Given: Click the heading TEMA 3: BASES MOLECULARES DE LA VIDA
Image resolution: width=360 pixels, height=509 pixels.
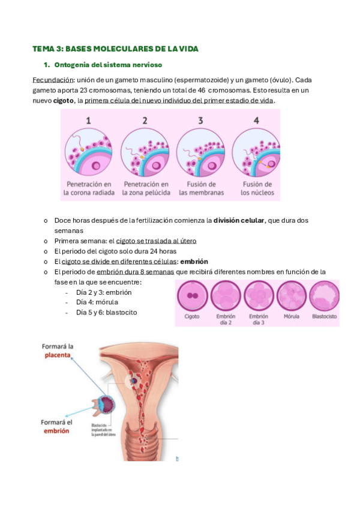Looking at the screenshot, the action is coord(115,49).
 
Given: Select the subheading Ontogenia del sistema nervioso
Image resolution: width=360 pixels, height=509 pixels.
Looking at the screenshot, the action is coord(107,64).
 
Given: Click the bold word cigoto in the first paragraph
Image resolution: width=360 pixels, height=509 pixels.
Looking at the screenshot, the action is coord(64,100).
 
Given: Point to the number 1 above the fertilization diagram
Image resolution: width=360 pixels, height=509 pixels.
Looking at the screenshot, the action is coord(88,121).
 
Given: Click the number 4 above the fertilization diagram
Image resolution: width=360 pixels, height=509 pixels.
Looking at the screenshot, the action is coord(256,121).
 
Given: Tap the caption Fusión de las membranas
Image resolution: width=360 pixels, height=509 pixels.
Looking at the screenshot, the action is coord(201,188).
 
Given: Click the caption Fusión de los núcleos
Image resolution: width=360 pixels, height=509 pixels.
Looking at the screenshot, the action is coord(257,188).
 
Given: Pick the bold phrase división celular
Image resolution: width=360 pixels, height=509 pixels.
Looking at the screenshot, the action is coord(239,220).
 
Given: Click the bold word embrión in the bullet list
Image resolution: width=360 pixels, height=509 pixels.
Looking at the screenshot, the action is coord(194,261).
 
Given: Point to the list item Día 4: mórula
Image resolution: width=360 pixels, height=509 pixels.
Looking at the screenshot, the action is coord(97,302).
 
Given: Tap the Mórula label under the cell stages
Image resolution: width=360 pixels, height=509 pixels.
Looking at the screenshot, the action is coord(290,316).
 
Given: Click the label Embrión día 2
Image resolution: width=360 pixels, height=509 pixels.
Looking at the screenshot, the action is coord(226,319).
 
